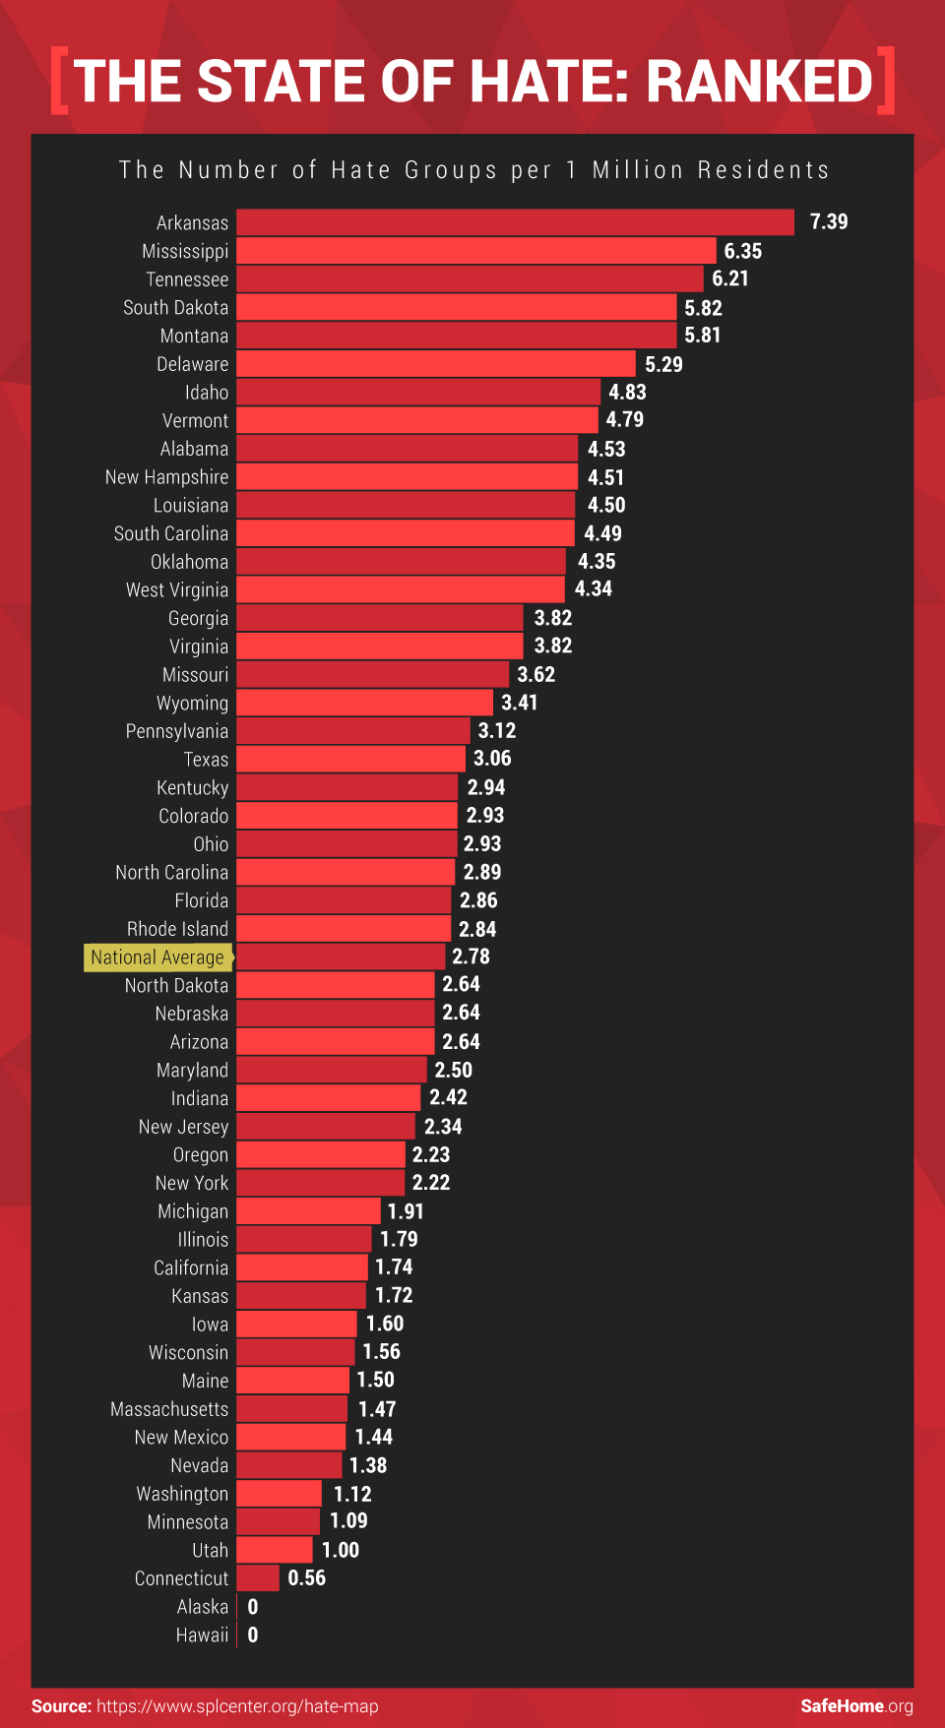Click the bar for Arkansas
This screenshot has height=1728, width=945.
point(515,222)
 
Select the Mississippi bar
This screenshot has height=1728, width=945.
point(476,251)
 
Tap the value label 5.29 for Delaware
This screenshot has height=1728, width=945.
point(663,364)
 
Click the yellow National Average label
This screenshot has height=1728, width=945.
point(157,957)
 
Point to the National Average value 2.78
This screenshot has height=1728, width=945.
point(471,957)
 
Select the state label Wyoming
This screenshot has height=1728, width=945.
point(192,704)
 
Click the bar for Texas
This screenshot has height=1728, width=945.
point(350,759)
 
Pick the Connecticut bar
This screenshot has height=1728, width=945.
point(258,1578)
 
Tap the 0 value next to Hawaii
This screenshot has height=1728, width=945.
point(253,1635)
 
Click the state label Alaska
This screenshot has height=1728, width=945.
point(202,1607)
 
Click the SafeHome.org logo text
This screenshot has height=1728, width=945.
point(856,1706)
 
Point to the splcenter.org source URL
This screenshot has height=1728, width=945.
point(237,1706)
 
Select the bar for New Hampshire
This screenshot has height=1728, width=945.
point(407,477)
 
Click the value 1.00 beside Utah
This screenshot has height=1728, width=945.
point(341,1550)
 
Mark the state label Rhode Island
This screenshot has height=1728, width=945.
point(177,929)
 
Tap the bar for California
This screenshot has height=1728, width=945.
point(302,1267)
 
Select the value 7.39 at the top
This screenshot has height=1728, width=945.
point(828,222)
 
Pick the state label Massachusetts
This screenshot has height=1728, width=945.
point(169,1409)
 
